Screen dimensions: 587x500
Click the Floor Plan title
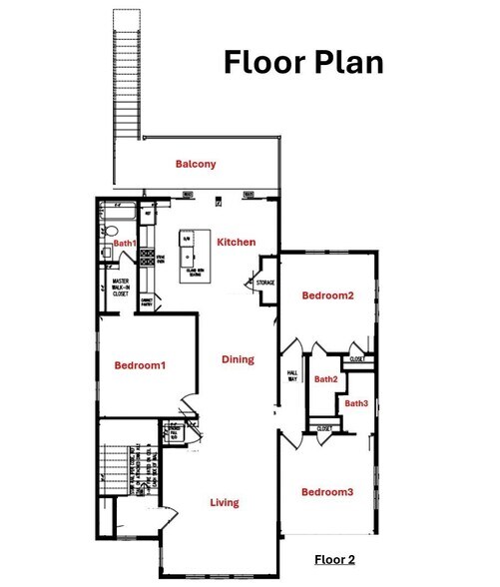[302, 61]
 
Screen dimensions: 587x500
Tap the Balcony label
[196, 164]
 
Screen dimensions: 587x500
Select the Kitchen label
[237, 243]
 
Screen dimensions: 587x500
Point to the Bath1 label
[123, 243]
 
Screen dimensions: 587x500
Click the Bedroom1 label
[139, 365]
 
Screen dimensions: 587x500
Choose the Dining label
[238, 359]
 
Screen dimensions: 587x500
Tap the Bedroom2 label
[328, 295]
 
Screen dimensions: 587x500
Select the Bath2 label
[325, 379]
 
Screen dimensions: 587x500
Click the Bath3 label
[357, 403]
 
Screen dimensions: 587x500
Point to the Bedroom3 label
[327, 492]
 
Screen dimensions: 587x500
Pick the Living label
[225, 502]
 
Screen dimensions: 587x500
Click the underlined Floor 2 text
[334, 559]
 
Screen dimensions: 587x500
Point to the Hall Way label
[293, 375]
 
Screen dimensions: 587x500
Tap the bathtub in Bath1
[120, 213]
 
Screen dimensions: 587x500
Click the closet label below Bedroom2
[356, 359]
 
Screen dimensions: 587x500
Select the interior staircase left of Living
[119, 467]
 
